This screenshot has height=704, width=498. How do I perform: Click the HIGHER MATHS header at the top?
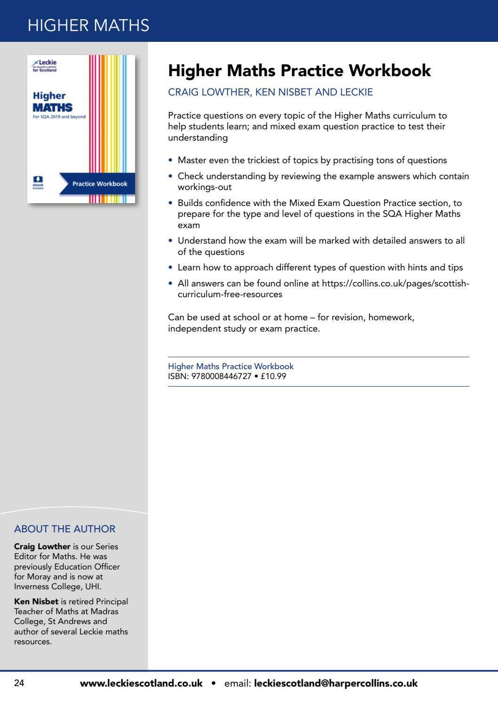[x=88, y=25]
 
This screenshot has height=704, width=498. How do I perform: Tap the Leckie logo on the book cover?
[x=45, y=65]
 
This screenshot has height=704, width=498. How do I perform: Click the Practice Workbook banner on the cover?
[x=99, y=184]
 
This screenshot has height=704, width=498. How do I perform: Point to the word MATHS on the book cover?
[x=52, y=107]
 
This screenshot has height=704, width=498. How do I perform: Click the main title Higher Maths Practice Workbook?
[x=299, y=71]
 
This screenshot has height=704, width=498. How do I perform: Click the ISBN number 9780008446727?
[x=221, y=376]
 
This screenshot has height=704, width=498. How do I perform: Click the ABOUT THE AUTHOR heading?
[x=64, y=529]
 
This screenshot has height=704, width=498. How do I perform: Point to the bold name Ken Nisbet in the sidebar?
[x=36, y=601]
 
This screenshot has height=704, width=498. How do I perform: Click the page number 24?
[x=19, y=683]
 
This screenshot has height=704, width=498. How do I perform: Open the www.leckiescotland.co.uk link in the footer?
[x=141, y=683]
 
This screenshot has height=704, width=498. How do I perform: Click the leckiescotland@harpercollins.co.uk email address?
[x=336, y=683]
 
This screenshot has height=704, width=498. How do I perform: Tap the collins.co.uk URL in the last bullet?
[x=395, y=283]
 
